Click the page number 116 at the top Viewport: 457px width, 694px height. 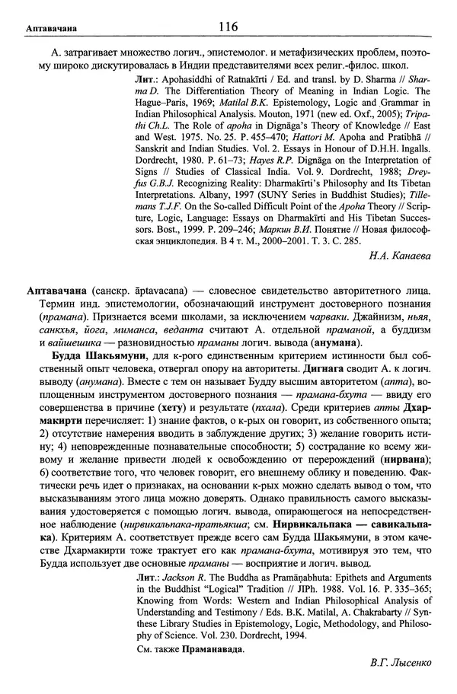coord(228,27)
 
